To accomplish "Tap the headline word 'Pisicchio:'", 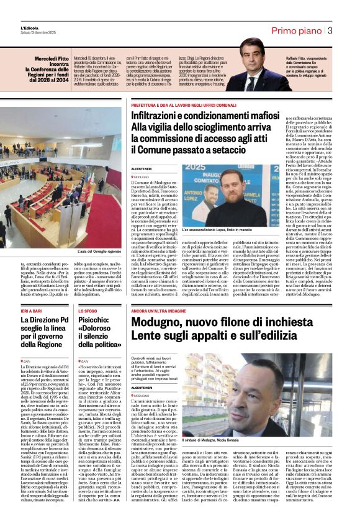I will pyautogui.click(x=96, y=321).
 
